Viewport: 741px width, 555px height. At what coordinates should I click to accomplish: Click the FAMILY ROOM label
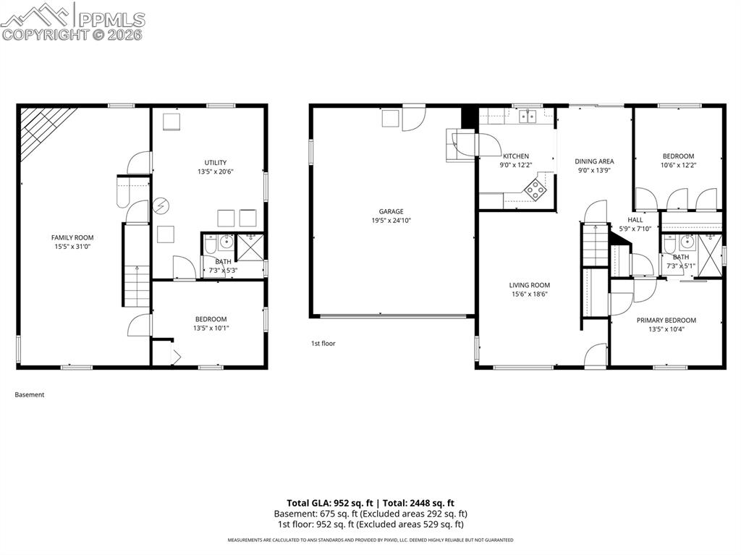[72, 237]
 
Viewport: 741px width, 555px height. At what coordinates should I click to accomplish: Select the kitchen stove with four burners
[536, 190]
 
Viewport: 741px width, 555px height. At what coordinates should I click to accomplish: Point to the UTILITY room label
[216, 162]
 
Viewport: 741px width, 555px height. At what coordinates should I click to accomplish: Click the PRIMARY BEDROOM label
[666, 320]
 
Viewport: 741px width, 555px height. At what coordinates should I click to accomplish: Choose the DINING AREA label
[594, 161]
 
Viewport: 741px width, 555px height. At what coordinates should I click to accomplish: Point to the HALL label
[635, 220]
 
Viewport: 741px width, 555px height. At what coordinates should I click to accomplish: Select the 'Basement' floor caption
[30, 395]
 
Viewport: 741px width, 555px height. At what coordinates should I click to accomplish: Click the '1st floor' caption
[323, 344]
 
